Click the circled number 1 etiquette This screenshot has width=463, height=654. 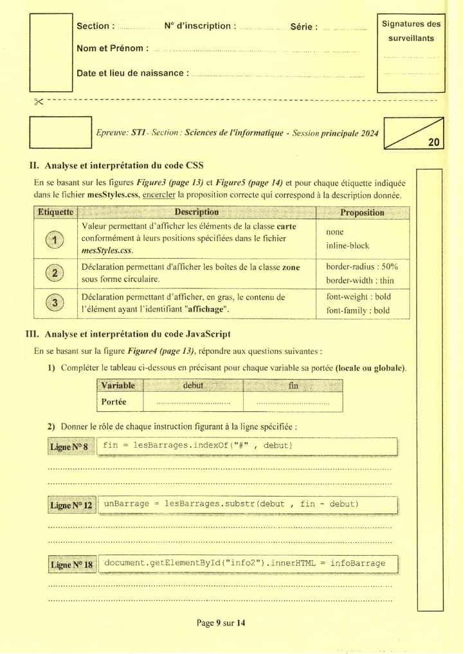tap(55, 240)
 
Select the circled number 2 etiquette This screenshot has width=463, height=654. tap(55, 273)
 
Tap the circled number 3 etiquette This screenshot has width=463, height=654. tap(55, 303)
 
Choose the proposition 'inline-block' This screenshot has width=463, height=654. tap(347, 245)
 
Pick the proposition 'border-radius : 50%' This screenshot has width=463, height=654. tap(362, 266)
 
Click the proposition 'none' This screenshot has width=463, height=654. tap(335, 232)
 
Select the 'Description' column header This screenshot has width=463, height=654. tap(196, 213)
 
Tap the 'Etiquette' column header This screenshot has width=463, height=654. tap(55, 213)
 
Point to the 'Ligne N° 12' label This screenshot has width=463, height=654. tap(71, 506)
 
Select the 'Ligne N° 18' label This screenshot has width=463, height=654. tap(71, 565)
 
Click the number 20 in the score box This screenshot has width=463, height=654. tap(434, 142)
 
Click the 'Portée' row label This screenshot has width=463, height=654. tap(114, 402)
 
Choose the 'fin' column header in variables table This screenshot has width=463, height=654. tap(293, 385)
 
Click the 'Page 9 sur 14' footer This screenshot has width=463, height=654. tap(221, 623)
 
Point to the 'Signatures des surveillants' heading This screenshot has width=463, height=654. tap(412, 31)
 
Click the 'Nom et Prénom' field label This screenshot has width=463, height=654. tap(112, 48)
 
